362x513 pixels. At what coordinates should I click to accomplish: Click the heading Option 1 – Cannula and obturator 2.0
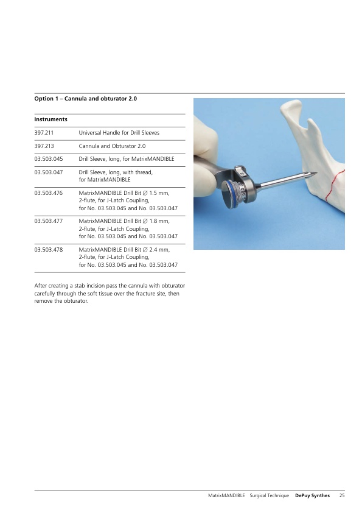(86, 99)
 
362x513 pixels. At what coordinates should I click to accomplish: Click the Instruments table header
(50, 119)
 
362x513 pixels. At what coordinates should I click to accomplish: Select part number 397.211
(44, 133)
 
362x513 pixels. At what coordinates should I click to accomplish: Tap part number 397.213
(44, 146)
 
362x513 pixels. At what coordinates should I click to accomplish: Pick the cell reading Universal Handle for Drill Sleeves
(119, 133)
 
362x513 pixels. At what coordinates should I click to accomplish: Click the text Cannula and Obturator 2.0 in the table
(112, 146)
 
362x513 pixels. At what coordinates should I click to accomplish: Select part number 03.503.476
(48, 193)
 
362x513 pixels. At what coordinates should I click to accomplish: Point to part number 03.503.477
(48, 221)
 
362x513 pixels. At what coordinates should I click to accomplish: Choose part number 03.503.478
(48, 250)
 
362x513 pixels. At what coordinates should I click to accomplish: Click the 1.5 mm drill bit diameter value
(159, 193)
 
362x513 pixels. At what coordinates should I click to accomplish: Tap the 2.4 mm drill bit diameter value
(159, 250)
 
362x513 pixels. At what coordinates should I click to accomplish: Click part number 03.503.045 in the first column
(48, 159)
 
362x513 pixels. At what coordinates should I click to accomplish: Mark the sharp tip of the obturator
(316, 173)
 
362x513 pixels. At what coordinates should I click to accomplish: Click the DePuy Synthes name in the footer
(312, 496)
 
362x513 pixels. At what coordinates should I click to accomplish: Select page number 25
(342, 496)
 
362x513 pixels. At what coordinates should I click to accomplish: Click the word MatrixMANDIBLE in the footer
(226, 496)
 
